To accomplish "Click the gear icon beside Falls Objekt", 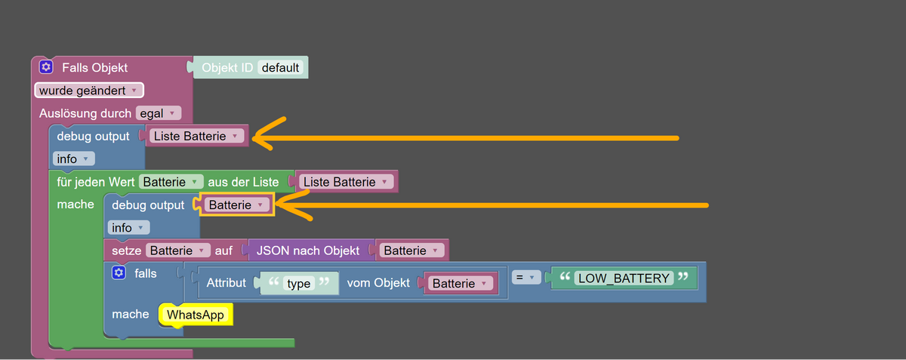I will [46, 67].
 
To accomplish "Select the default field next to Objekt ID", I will [281, 67].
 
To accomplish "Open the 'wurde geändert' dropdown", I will [88, 91].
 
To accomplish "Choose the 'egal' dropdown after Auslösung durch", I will [159, 113].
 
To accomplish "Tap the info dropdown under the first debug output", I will [73, 159].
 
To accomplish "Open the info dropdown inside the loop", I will [129, 227].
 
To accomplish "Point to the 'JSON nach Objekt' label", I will [308, 250].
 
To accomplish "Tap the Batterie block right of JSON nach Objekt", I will [412, 250].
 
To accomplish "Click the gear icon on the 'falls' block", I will [118, 272].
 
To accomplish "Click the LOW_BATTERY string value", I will [623, 278].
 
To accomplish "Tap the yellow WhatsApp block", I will [196, 315].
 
